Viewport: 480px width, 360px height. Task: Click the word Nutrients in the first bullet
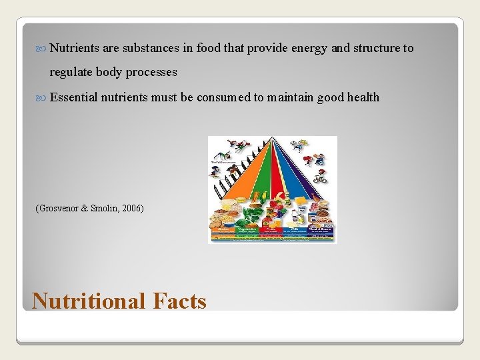pos(75,48)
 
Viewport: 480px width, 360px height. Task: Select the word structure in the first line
pos(375,48)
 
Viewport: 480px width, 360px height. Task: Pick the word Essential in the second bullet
pos(73,97)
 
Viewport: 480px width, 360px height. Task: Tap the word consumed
pos(223,97)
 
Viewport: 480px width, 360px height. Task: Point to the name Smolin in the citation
pos(103,209)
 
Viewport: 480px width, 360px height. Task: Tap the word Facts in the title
pos(180,301)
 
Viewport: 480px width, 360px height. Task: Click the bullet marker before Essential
pos(43,98)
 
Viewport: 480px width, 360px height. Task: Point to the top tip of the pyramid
pos(273,139)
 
